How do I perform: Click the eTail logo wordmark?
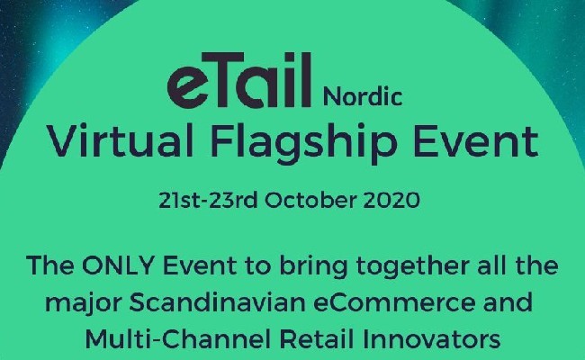(x=239, y=80)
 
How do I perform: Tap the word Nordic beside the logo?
(x=363, y=96)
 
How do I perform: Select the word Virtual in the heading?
(x=120, y=141)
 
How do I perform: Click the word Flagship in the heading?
(x=303, y=144)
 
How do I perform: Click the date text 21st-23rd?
(x=208, y=201)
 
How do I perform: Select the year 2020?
(x=391, y=201)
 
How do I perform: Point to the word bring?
(x=313, y=267)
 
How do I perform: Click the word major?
(x=84, y=303)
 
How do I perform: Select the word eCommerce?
(x=395, y=302)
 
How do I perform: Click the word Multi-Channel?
(x=178, y=339)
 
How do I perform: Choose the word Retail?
(x=317, y=339)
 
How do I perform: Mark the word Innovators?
(x=432, y=339)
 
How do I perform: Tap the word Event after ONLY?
(x=200, y=265)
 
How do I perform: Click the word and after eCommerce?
(x=508, y=302)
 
